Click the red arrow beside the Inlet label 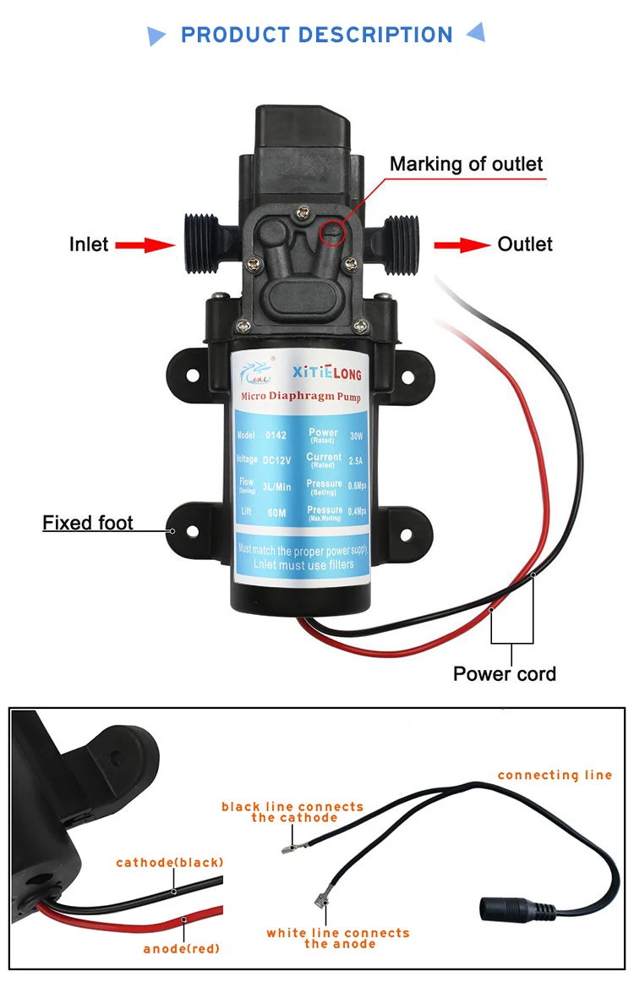(144, 244)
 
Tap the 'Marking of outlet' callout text (466, 163)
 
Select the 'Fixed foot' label (88, 523)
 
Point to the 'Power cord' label (505, 673)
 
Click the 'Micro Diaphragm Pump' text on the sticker (302, 396)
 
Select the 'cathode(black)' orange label (169, 863)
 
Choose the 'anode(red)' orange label (181, 948)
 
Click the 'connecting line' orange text (555, 775)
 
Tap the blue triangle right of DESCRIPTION (476, 33)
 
